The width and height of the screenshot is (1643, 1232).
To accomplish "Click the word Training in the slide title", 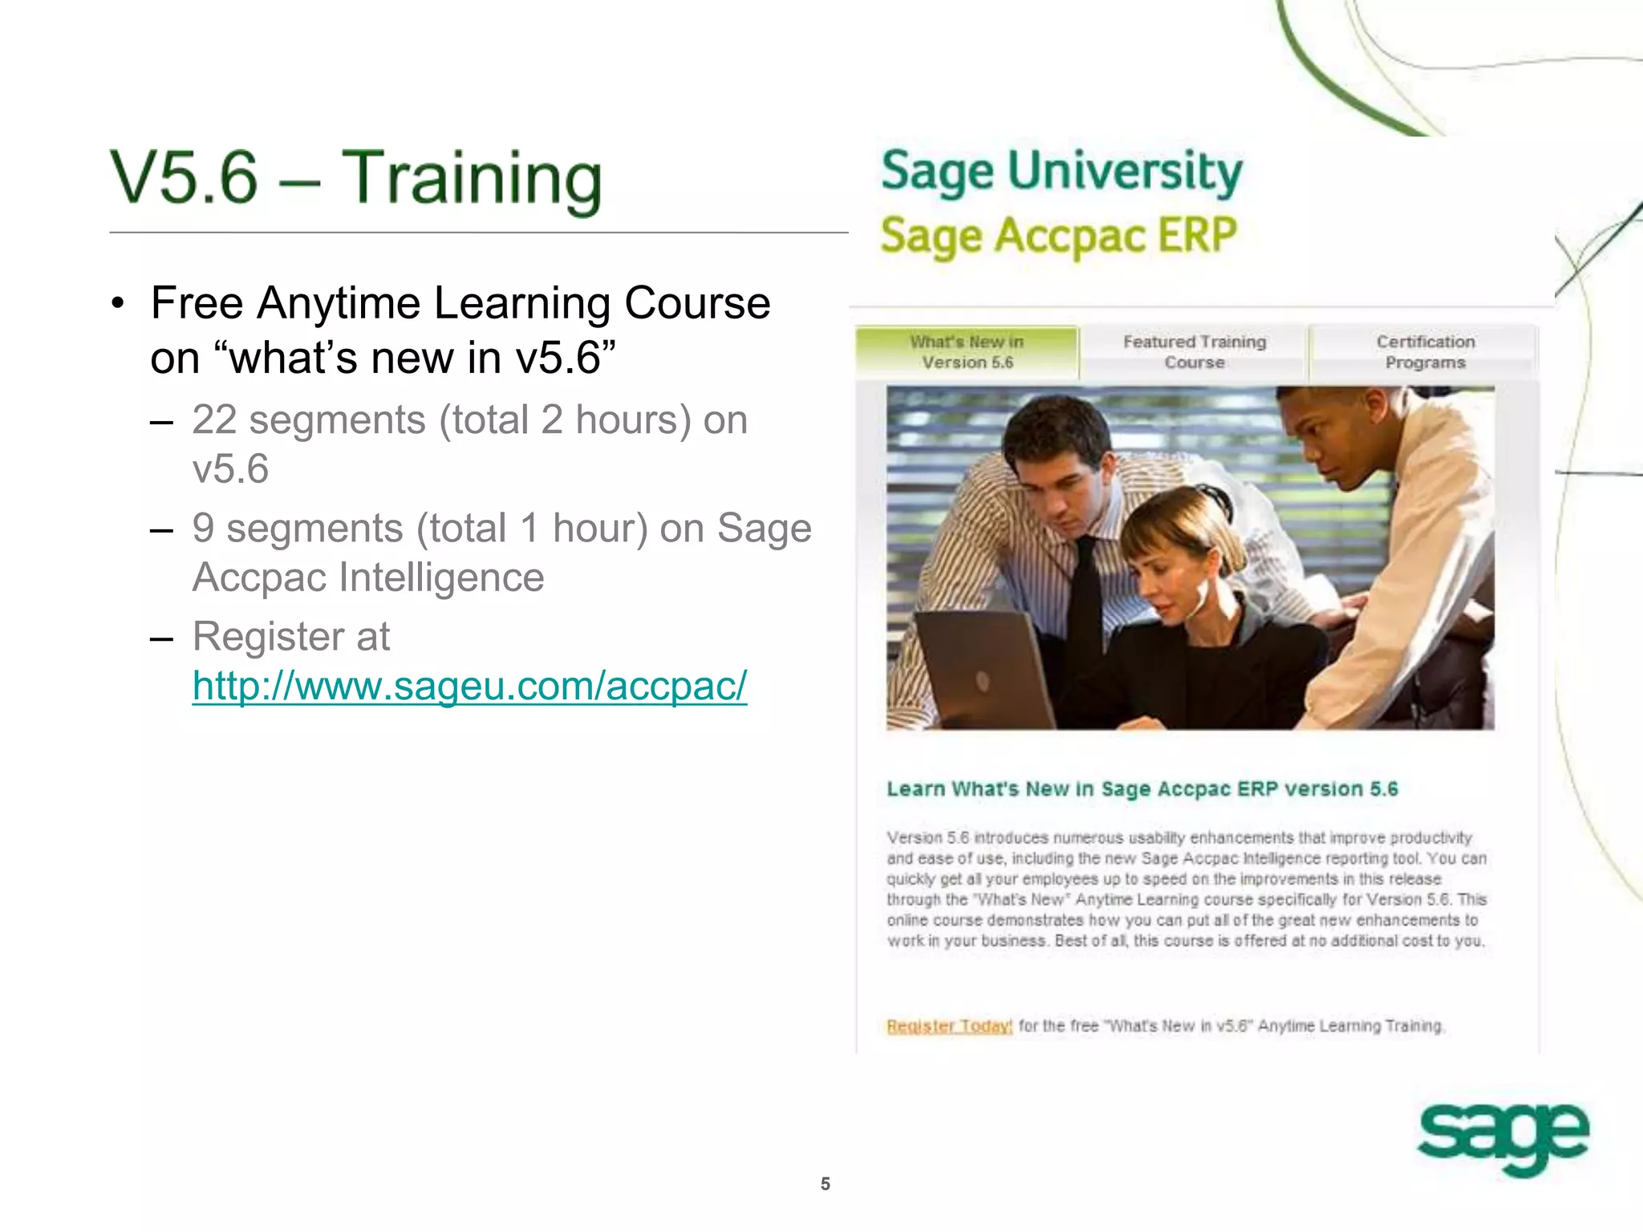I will (471, 178).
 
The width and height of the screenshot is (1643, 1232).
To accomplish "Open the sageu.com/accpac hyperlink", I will (469, 687).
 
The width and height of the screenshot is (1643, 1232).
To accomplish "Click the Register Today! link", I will (949, 1026).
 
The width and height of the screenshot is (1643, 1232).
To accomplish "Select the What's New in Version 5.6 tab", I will (967, 352).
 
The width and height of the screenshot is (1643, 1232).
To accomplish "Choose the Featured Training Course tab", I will (1194, 352).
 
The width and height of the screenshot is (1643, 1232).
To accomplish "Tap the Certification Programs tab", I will (1425, 352).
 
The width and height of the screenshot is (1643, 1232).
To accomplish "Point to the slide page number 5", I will (825, 1184).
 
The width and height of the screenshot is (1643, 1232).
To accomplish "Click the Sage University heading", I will (1061, 172).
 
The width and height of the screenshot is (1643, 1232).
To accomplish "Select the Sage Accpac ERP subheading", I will (1058, 237).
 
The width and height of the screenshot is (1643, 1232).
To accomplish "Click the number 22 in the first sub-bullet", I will (214, 420).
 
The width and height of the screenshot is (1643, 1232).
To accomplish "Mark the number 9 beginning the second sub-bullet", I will (203, 529).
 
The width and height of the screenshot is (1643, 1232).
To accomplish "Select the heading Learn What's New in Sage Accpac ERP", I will (1142, 789).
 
